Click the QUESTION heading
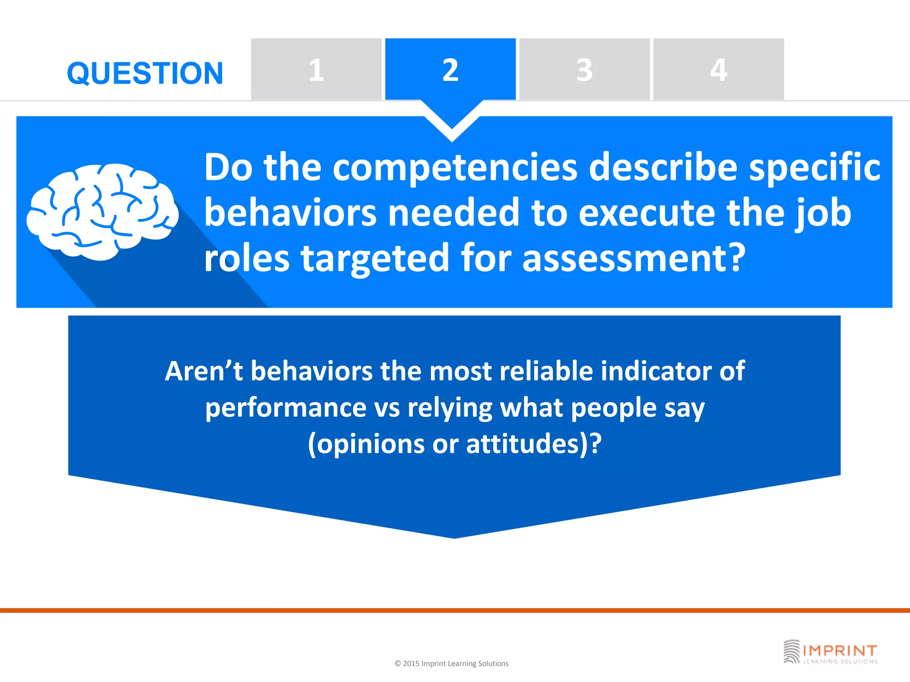(x=145, y=73)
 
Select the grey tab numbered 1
(x=316, y=69)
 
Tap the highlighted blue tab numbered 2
(x=450, y=69)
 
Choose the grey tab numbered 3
(x=584, y=69)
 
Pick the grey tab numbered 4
(x=718, y=69)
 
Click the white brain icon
(x=102, y=211)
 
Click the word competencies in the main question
(x=455, y=168)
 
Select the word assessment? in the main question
(x=633, y=259)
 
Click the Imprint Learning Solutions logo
(x=830, y=652)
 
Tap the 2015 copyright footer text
(x=451, y=663)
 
